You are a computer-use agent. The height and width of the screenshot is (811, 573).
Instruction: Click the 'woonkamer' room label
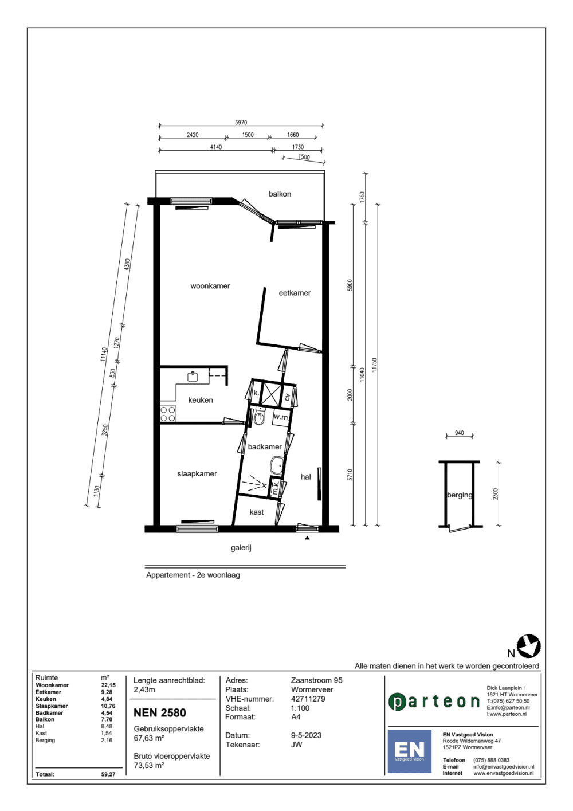210,286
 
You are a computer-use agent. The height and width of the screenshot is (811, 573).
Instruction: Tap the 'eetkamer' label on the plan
295,293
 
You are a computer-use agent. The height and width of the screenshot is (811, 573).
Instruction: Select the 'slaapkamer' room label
197,474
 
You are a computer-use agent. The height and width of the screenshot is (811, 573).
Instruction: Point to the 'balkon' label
280,194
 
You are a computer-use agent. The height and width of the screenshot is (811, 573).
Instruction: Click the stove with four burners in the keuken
168,414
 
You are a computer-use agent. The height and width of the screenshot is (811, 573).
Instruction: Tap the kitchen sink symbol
193,376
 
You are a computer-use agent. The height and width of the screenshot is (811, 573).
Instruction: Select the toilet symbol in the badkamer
259,418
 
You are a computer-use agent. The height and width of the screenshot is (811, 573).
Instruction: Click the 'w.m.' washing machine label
281,417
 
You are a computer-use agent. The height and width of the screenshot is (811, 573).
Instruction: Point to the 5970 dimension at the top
241,122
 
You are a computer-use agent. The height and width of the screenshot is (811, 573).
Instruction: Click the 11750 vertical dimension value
374,365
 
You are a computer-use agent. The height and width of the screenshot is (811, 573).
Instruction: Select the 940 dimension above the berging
459,433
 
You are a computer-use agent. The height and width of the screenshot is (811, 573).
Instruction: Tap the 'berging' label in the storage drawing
460,495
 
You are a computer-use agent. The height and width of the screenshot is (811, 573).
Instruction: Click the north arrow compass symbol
528,646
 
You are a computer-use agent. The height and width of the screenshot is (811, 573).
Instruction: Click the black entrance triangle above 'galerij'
307,538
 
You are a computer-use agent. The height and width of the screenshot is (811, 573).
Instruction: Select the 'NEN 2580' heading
160,713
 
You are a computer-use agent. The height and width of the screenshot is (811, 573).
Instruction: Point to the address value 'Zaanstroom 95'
316,680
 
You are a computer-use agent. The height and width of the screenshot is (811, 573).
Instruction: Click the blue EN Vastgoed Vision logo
409,751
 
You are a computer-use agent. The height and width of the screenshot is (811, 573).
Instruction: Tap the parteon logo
434,701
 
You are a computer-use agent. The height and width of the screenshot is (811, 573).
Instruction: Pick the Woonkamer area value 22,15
108,685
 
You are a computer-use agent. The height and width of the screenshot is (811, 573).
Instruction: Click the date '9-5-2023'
306,735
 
